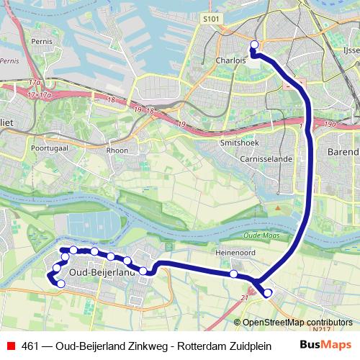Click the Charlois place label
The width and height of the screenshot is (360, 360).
pos(230,61)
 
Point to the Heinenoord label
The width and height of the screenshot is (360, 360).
pos(235,253)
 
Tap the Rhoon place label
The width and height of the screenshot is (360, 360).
pos(117,150)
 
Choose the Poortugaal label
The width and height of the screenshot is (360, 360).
pos(48,147)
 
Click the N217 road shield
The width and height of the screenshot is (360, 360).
pos(325,330)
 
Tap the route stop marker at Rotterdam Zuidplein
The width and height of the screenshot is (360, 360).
pos(254,45)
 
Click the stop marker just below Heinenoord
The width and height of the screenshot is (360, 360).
pos(234,274)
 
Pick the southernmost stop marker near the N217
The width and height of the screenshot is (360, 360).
pos(268,292)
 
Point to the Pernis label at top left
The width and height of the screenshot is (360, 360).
pos(40,42)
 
